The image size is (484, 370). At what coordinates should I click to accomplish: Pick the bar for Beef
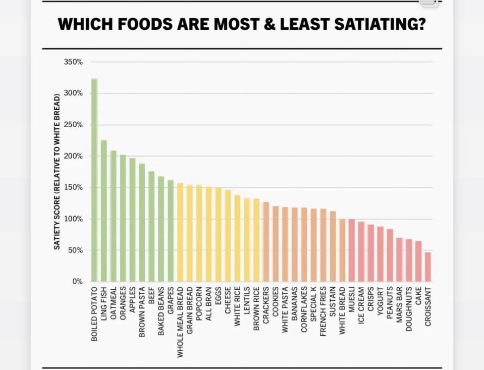pyautogui.click(x=152, y=226)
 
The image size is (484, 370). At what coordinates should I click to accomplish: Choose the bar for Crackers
pyautogui.click(x=266, y=242)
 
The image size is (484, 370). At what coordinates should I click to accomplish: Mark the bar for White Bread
pyautogui.click(x=342, y=250)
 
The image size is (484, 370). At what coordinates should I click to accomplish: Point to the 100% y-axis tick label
pyautogui.click(x=75, y=219)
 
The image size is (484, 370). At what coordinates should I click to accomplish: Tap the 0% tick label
pyautogui.click(x=77, y=282)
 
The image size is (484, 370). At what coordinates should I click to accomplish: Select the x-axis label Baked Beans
pyautogui.click(x=161, y=309)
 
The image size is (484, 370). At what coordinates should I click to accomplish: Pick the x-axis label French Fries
pyautogui.click(x=323, y=311)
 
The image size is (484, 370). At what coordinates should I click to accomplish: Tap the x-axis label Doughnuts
pyautogui.click(x=409, y=309)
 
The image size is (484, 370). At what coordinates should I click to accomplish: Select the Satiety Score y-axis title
pyautogui.click(x=58, y=171)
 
